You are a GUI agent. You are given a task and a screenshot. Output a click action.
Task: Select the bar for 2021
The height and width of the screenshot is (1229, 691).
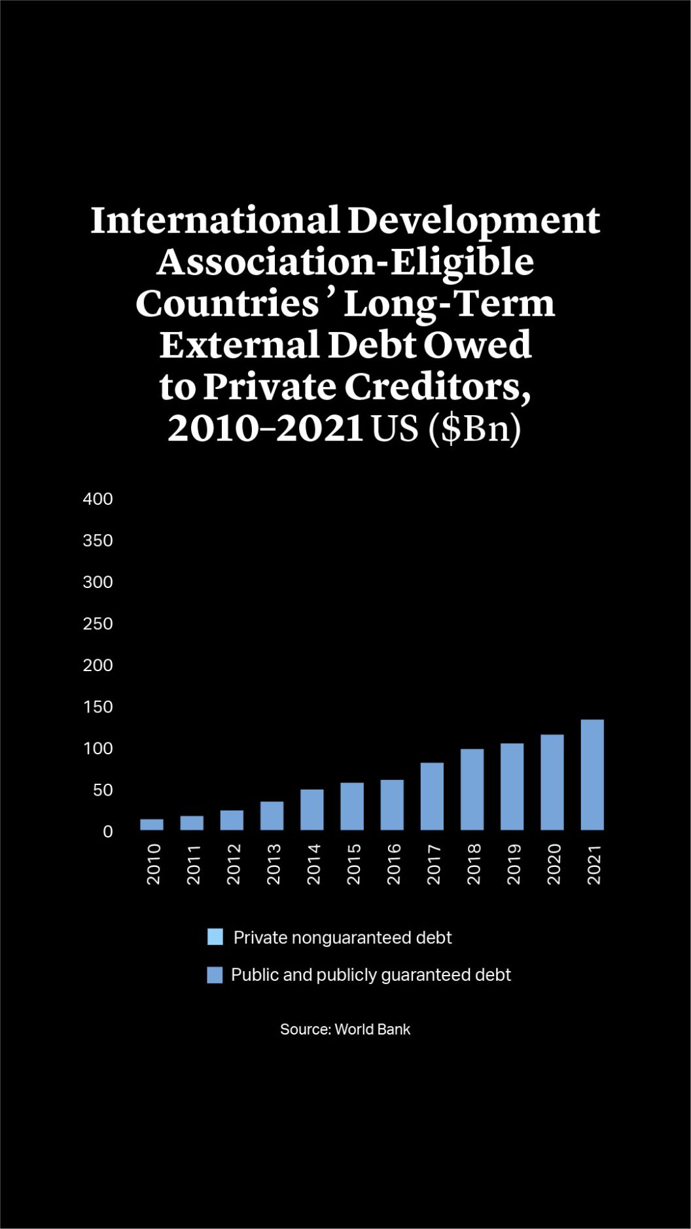point(592,775)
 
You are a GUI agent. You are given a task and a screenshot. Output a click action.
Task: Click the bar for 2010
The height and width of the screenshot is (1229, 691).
point(152,824)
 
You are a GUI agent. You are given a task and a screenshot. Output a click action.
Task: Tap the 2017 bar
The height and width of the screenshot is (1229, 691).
point(432,796)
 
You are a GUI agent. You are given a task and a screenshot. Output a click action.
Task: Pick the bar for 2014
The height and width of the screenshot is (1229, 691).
point(312,809)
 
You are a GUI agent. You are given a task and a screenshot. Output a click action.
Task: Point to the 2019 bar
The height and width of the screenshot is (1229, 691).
point(512,786)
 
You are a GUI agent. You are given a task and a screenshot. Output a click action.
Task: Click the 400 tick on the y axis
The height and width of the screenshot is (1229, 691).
point(98,499)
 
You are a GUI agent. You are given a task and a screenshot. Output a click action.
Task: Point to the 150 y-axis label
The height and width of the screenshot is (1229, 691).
point(98,707)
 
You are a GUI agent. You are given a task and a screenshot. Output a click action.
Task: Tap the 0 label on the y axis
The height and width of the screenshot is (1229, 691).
point(108,832)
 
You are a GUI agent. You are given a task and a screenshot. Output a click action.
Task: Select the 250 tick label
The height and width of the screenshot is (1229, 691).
point(98,624)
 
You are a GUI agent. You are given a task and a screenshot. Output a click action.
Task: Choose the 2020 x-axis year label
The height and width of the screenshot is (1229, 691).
point(554,864)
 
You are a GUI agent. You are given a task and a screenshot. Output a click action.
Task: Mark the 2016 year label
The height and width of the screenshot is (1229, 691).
point(393,864)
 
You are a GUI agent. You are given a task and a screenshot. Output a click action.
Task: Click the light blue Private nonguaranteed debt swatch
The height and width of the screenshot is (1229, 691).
point(215,937)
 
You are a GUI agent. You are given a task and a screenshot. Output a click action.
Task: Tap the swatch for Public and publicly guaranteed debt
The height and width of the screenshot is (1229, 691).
point(215,975)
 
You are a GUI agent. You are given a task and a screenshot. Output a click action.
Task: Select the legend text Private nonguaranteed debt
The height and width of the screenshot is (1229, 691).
point(342,938)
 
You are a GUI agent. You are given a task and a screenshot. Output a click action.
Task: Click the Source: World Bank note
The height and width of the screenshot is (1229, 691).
point(345,1029)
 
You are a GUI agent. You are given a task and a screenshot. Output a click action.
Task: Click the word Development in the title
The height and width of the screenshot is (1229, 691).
point(473,221)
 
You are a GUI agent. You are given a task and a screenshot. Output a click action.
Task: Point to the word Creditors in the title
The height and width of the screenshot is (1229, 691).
point(437,387)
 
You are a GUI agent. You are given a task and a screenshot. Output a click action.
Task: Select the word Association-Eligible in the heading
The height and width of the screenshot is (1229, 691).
point(345,263)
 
